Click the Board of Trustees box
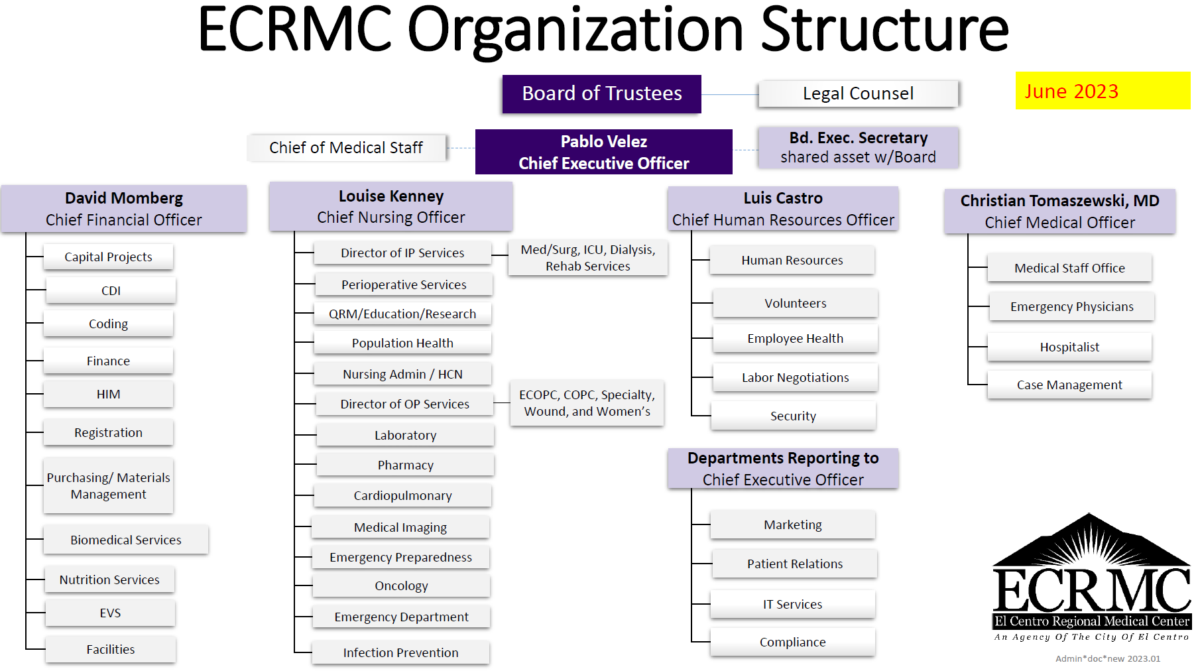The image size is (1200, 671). (601, 93)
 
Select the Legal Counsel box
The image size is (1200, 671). (858, 93)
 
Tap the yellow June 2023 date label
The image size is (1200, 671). (1103, 91)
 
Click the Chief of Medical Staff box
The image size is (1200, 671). (346, 148)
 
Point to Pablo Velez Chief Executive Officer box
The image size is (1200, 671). (604, 152)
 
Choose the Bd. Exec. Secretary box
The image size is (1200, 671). (858, 147)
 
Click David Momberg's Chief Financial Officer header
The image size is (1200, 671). (124, 209)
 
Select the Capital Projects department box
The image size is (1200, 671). (108, 257)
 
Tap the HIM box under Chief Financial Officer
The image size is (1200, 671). (108, 395)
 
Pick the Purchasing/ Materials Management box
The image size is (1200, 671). (108, 486)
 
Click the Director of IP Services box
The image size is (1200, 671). (402, 253)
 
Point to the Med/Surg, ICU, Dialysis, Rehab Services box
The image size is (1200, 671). (588, 258)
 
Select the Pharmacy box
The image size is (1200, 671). (405, 465)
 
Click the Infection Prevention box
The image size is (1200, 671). (400, 652)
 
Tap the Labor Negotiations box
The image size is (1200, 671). (795, 377)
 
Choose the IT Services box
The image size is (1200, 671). (792, 604)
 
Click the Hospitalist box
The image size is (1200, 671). (1069, 347)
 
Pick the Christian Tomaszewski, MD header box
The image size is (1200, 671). (1059, 212)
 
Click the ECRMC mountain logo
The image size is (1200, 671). (1091, 578)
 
